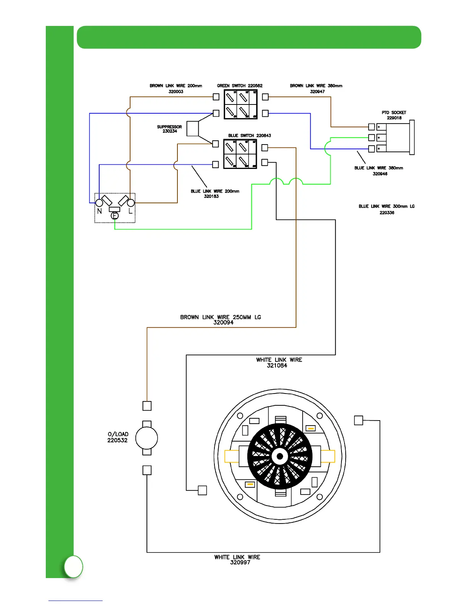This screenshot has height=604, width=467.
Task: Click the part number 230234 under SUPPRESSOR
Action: (x=170, y=131)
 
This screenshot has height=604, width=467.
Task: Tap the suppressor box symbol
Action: (x=193, y=129)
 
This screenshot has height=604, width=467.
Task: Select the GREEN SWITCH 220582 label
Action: (x=240, y=86)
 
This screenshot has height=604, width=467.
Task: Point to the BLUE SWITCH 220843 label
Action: (x=250, y=135)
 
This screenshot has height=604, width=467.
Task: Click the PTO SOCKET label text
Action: (x=394, y=112)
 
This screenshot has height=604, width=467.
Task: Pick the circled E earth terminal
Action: (x=114, y=216)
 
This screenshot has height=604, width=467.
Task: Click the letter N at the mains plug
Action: (x=100, y=211)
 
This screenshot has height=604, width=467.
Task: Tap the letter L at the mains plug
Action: (x=130, y=211)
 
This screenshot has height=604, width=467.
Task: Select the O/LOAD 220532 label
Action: (x=118, y=437)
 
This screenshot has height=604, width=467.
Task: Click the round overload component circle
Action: (x=147, y=438)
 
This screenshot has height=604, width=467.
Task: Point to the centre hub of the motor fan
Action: (x=280, y=456)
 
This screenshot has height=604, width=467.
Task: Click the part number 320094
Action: (x=223, y=323)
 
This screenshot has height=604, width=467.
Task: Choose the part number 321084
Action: (x=277, y=365)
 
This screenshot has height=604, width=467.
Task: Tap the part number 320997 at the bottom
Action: (x=240, y=562)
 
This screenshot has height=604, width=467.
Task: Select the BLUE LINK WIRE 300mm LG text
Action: (x=386, y=206)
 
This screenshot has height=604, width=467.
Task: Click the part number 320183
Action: (x=211, y=196)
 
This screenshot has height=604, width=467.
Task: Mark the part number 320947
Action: (x=317, y=92)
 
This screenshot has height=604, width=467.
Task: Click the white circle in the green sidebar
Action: (x=73, y=567)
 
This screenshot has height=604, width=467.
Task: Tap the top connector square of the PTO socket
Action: (x=372, y=127)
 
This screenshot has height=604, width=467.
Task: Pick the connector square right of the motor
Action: (x=359, y=420)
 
